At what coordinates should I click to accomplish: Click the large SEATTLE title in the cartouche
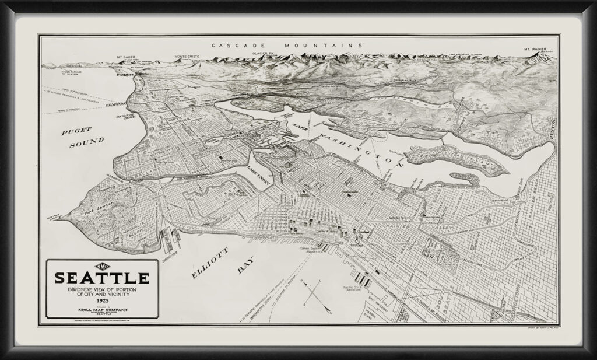tap(101, 277)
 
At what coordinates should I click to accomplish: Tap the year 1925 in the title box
tap(102, 299)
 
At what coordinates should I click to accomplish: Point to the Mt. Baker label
tap(126, 57)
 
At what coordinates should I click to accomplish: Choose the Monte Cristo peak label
tap(187, 57)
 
